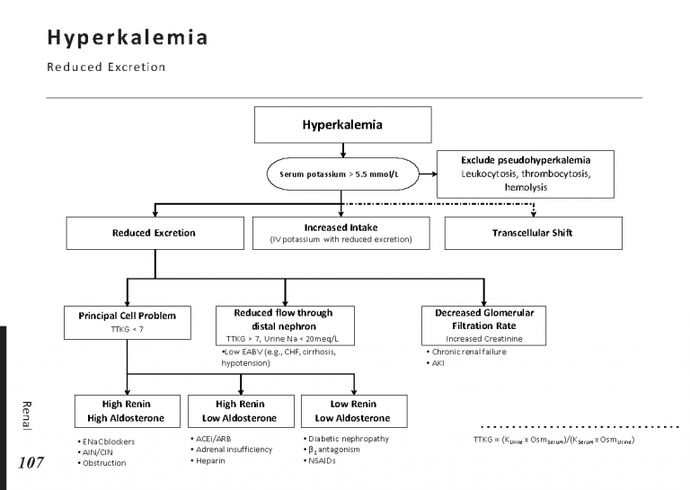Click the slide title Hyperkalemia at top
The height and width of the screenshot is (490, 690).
[x=128, y=39]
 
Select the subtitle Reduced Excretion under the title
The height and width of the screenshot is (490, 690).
[x=107, y=67]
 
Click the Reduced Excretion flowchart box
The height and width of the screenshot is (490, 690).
[x=154, y=233]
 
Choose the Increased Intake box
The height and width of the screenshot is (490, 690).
[x=341, y=233]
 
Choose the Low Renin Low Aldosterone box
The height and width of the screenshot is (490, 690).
[x=353, y=411]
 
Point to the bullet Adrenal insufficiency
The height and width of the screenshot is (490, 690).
[x=232, y=449]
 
